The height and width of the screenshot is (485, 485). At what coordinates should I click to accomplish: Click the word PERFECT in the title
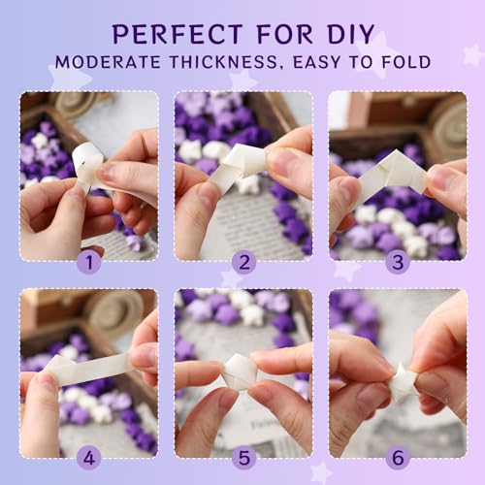pos(175,33)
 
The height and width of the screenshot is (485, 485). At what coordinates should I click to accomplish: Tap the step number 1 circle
pos(89,262)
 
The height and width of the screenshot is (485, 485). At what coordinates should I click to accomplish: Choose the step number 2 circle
pos(242,262)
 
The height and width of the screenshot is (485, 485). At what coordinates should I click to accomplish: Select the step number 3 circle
pos(397,262)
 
